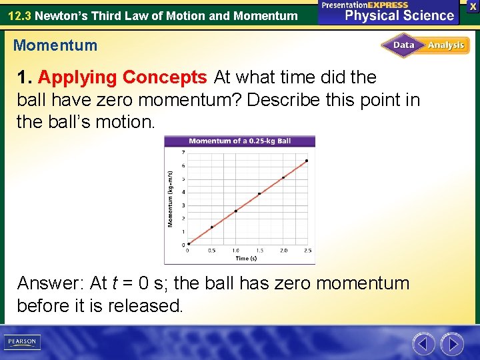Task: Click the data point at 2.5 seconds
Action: [x=307, y=161]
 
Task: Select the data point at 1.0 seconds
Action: [x=235, y=211]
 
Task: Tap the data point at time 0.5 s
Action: [x=212, y=227]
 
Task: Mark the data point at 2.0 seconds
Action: [x=283, y=177]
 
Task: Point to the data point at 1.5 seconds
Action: [x=259, y=193]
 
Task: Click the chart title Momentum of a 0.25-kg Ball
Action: [x=239, y=141]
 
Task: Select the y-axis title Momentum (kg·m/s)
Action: [x=170, y=199]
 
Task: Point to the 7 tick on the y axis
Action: [x=183, y=153]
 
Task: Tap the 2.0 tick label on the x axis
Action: [x=283, y=250]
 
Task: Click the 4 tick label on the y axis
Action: [x=183, y=192]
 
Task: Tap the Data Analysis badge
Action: [x=425, y=45]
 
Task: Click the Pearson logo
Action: [x=23, y=342]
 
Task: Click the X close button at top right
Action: [x=473, y=5]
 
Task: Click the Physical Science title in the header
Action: [x=399, y=15]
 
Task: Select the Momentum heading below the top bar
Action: [x=55, y=46]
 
